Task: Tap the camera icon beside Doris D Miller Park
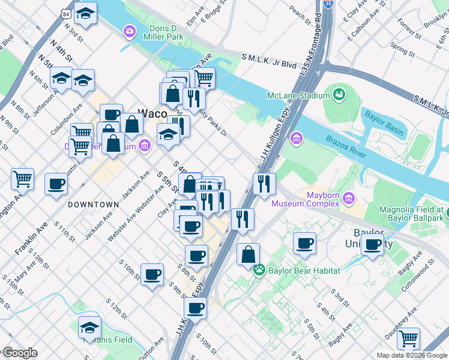[x=129, y=31]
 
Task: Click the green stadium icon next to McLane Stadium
[x=340, y=94]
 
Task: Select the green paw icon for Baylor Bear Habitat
[x=259, y=271]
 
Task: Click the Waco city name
[x=153, y=112]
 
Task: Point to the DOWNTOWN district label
[x=93, y=205]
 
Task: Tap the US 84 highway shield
[x=65, y=13]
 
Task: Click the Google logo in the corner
[x=20, y=352]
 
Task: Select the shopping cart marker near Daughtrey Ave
[x=409, y=338]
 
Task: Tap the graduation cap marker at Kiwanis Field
[x=89, y=327]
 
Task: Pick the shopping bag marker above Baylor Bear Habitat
[x=248, y=255]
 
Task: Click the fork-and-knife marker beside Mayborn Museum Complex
[x=264, y=184]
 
